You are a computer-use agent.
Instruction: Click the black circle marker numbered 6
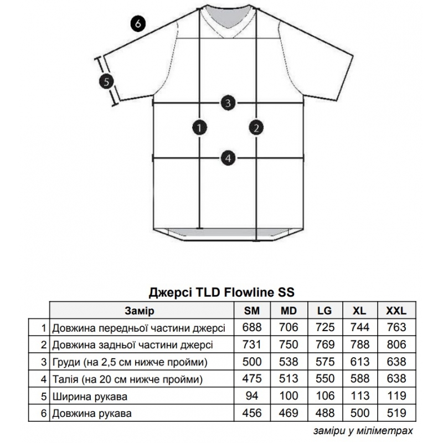click(138, 23)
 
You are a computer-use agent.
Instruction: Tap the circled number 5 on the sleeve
click(106, 82)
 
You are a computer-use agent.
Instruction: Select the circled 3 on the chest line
click(228, 103)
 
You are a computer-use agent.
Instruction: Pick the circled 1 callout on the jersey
click(199, 128)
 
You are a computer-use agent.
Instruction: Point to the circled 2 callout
click(256, 128)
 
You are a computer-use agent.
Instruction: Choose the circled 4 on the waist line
click(228, 158)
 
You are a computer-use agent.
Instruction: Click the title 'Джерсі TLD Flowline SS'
click(221, 292)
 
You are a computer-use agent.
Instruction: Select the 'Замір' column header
click(140, 311)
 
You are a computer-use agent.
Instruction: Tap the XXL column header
click(396, 311)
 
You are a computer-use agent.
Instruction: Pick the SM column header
click(252, 311)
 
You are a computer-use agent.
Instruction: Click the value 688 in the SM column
click(252, 327)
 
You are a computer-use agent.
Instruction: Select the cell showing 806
click(396, 344)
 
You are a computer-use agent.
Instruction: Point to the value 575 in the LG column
click(325, 362)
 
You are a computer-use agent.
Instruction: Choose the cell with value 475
click(252, 379)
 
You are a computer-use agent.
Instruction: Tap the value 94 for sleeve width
click(252, 396)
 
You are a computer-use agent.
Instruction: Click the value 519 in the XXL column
click(396, 413)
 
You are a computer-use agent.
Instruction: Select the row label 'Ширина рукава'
click(90, 396)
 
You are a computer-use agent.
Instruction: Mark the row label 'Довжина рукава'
click(92, 414)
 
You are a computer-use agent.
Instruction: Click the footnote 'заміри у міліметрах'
click(363, 431)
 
